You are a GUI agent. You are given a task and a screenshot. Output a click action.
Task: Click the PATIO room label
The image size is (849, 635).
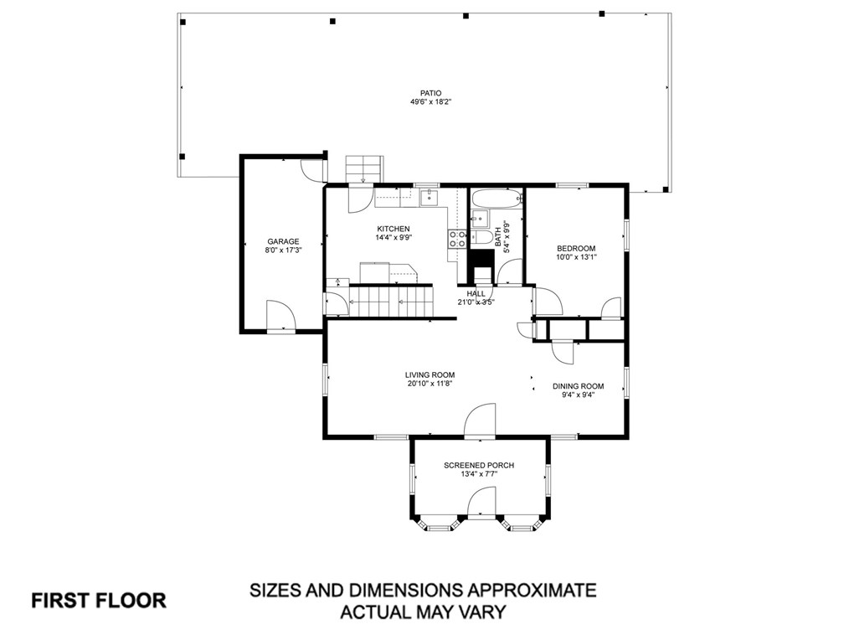(x=430, y=93)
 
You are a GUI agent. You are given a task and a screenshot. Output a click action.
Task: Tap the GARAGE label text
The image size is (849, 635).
(x=283, y=241)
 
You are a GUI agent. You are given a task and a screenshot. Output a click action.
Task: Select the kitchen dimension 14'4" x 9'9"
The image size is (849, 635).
(x=394, y=237)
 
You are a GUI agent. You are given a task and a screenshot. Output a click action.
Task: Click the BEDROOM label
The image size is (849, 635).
(x=576, y=249)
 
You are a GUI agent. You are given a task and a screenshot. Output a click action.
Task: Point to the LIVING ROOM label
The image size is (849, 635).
(x=430, y=375)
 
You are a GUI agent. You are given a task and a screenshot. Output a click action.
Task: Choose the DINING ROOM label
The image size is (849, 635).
(x=579, y=386)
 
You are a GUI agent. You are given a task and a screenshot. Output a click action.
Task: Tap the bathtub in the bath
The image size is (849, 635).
(x=497, y=199)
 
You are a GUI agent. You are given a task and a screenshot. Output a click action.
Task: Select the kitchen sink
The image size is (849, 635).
(x=430, y=198)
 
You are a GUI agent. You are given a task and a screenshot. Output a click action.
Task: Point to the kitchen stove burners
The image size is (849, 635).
(x=457, y=239)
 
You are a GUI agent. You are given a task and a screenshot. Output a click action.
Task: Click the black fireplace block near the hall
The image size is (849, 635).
(x=481, y=266)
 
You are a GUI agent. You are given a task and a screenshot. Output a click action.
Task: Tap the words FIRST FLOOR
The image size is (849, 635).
(x=99, y=601)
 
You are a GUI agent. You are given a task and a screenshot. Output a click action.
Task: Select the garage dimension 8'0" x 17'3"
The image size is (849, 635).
(x=283, y=250)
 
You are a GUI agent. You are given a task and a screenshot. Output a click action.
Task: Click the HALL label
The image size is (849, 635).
(x=476, y=294)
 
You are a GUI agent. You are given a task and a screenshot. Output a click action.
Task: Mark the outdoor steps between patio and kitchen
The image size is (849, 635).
(x=364, y=169)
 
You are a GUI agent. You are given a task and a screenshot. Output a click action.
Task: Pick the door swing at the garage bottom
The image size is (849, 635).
(x=280, y=314)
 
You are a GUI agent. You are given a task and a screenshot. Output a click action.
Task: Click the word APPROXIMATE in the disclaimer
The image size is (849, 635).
(x=529, y=590)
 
